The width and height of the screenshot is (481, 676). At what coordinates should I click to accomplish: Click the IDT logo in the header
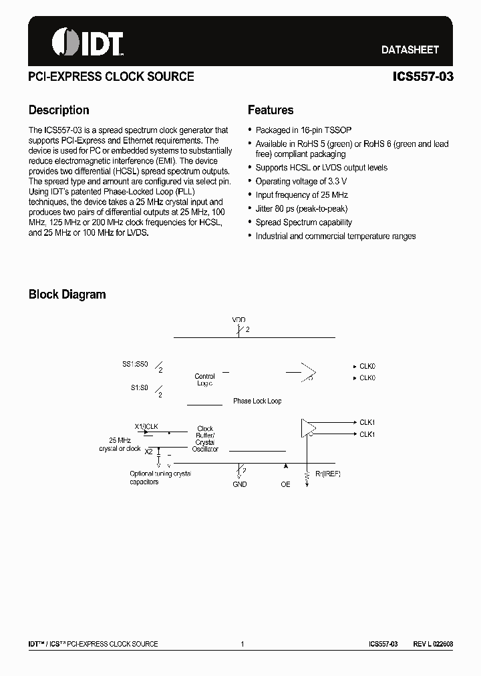(88, 42)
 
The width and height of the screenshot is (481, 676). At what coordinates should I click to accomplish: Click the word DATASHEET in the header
(410, 49)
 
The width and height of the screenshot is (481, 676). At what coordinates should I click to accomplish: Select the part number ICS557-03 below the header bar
(423, 77)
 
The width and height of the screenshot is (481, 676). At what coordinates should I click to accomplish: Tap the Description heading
(59, 110)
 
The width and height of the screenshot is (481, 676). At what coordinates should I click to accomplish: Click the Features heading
(271, 110)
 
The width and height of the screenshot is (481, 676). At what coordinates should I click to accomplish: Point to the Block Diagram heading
(67, 295)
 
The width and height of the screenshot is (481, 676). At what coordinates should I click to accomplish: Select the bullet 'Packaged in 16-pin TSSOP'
(303, 130)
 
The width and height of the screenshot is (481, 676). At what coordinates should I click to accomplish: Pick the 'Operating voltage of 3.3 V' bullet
(301, 181)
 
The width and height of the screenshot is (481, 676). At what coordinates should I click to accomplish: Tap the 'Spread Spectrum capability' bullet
(303, 222)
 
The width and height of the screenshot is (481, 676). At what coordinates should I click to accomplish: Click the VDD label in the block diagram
(238, 320)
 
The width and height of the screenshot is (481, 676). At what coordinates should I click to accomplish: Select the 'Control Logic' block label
(205, 380)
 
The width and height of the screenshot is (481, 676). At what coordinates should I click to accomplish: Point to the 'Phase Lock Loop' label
(257, 401)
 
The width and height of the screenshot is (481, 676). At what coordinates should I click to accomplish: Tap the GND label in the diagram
(240, 484)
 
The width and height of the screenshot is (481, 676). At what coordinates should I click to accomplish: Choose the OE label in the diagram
(285, 484)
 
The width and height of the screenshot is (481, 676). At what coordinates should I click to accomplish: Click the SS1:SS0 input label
(135, 365)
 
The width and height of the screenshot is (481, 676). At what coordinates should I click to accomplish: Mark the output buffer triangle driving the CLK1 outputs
(307, 428)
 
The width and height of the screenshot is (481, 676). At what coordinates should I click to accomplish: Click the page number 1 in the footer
(242, 644)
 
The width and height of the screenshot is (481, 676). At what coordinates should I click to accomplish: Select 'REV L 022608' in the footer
(432, 644)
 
